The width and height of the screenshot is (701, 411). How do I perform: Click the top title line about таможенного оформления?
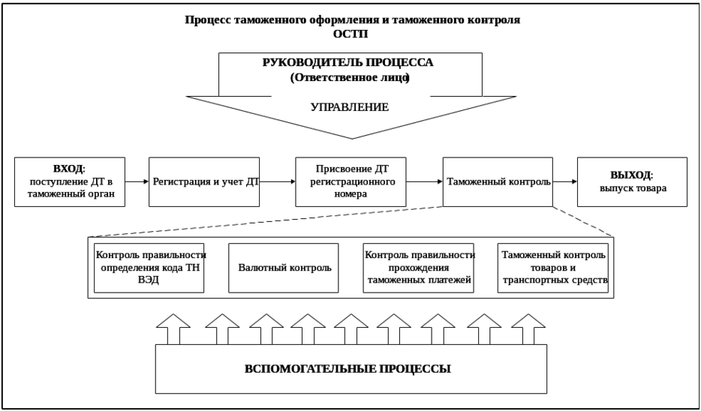click(352, 20)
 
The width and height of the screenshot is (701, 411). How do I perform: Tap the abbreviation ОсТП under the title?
click(352, 34)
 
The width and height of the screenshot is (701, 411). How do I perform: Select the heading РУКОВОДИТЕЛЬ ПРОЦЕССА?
click(352, 63)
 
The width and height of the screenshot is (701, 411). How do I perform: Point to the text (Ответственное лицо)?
click(352, 76)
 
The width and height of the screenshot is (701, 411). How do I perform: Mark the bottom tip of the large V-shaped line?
click(352, 138)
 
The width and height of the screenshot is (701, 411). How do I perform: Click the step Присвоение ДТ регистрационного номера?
click(352, 181)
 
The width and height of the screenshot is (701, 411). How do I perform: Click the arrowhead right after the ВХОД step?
click(145, 181)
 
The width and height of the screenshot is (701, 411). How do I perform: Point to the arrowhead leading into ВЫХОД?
click(574, 181)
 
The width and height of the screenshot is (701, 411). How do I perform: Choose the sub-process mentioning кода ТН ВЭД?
click(152, 267)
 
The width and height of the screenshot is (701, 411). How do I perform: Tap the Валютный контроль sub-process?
click(284, 267)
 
